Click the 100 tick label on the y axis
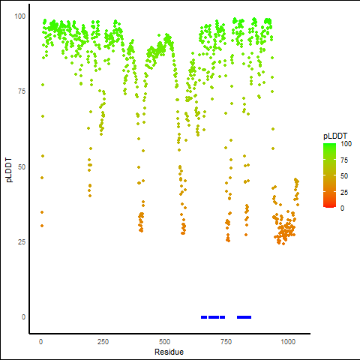pos(20,16)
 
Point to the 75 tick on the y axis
pos(22,91)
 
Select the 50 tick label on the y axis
pos(22,166)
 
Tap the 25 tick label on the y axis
pos(22,241)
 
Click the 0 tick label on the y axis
pos(23,317)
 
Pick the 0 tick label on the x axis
pos(40,341)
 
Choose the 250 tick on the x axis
pos(103,341)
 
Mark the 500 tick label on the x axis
pos(164,341)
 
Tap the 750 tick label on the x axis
pos(226,341)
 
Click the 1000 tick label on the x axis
pos(288,341)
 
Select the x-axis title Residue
pos(169,352)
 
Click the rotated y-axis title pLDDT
pos(9,170)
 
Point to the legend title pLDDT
pos(335,136)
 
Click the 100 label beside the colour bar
pos(346,144)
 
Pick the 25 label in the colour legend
pos(344,192)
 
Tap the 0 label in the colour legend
pos(342,208)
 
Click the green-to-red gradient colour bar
pos(329,175)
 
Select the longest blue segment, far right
pos(244,317)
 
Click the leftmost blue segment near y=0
pos(204,317)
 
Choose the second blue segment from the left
pos(214,317)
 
